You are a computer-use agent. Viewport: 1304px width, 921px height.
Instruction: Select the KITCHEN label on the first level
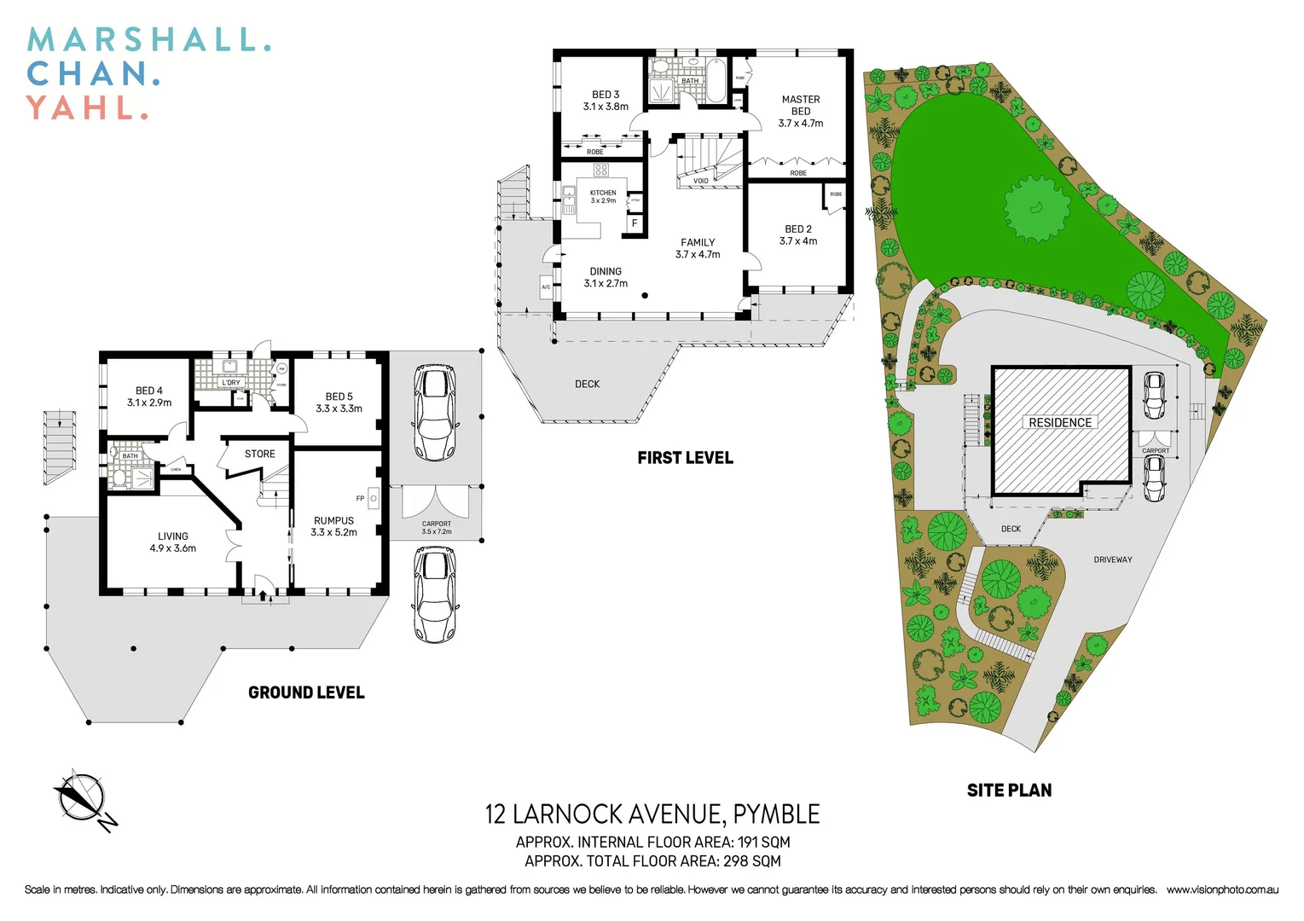pos(603,194)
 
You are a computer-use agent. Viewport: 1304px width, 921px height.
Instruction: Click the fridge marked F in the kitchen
pos(635,223)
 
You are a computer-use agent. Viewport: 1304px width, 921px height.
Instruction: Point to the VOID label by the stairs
pos(700,181)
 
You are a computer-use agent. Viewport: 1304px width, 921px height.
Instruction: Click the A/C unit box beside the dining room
pos(546,287)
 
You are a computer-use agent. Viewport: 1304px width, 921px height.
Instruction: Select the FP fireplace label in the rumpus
pos(361,498)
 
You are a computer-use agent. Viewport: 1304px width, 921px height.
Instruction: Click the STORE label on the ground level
pos(260,454)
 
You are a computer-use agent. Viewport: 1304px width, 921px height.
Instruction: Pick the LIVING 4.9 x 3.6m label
pos(173,542)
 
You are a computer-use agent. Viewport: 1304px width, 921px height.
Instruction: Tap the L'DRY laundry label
pos(231,383)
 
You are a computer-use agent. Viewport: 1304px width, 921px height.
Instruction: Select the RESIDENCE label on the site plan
pos(1060,422)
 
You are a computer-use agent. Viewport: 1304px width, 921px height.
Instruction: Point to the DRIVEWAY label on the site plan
pos(1113,559)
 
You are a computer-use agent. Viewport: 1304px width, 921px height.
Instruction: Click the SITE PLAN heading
pos(1009,791)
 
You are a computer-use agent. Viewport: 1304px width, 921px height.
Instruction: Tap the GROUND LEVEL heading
pos(306,692)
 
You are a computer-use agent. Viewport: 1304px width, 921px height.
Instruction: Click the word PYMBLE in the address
pos(776,814)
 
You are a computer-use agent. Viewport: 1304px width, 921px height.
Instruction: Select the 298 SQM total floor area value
pos(752,861)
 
